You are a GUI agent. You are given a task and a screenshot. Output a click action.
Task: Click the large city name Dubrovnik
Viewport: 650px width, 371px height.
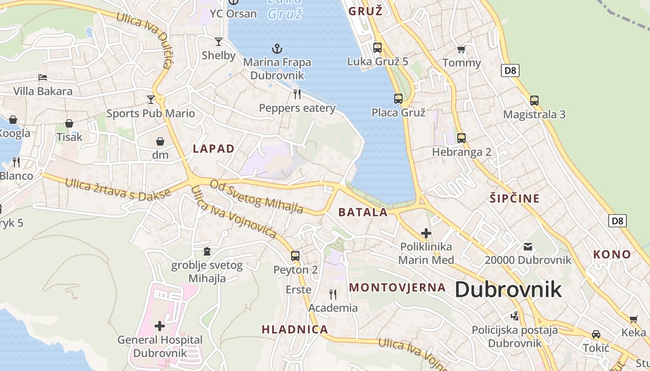pyautogui.click(x=508, y=289)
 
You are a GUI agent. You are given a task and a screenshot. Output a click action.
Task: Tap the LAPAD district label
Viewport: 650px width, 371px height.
pyautogui.click(x=214, y=149)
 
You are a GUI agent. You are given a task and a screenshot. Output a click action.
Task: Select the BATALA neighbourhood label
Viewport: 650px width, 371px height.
pyautogui.click(x=363, y=212)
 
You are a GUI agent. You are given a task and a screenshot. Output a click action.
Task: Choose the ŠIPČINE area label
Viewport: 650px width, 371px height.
pyautogui.click(x=515, y=198)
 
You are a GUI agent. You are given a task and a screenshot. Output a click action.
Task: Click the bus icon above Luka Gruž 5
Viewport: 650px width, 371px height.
pyautogui.click(x=377, y=47)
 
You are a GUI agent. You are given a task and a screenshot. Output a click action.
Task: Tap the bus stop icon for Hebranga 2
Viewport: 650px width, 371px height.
pyautogui.click(x=461, y=138)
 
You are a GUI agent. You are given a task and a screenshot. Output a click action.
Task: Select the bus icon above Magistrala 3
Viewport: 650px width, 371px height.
pyautogui.click(x=534, y=100)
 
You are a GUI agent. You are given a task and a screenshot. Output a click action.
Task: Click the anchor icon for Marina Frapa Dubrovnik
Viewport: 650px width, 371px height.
pyautogui.click(x=277, y=48)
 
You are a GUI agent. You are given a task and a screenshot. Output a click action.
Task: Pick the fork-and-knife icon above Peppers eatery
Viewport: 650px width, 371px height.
pyautogui.click(x=297, y=94)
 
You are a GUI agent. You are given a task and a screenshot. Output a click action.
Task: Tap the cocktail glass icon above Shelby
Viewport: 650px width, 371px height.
pyautogui.click(x=219, y=42)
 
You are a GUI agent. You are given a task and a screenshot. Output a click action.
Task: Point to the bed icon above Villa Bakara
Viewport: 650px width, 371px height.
pyautogui.click(x=43, y=77)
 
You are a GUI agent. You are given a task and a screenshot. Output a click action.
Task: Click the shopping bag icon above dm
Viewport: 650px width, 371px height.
pyautogui.click(x=160, y=141)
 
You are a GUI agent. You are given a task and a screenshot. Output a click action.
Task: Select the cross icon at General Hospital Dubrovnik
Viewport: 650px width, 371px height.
pyautogui.click(x=160, y=326)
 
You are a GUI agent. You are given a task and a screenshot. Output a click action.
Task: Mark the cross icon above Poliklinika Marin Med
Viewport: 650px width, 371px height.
pyautogui.click(x=426, y=233)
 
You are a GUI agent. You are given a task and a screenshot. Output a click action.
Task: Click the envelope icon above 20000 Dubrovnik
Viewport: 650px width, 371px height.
pyautogui.click(x=528, y=246)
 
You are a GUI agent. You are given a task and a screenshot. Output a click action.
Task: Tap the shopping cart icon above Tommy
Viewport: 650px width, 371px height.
pyautogui.click(x=461, y=49)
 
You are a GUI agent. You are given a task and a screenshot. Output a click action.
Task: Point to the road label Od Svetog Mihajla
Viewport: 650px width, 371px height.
pyautogui.click(x=256, y=197)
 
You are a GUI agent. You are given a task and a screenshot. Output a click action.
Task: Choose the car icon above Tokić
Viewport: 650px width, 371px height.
pyautogui.click(x=596, y=334)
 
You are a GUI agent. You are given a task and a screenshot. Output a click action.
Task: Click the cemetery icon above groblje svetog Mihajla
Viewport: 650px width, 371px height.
pyautogui.click(x=207, y=251)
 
